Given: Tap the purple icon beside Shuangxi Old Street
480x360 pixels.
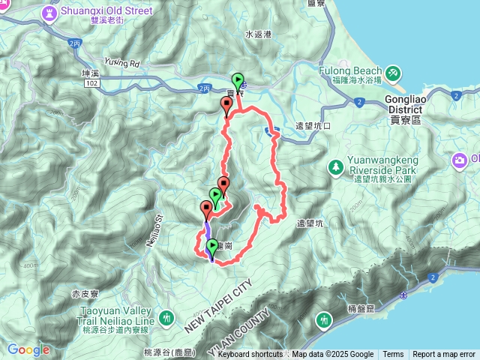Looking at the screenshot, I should coord(49,13).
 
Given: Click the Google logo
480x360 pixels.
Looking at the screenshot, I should coord(28,349).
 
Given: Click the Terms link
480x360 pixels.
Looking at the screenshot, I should coord(393,355).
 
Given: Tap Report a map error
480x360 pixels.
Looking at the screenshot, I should coord(444,355).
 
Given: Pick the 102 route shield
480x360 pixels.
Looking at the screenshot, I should coord(91,85).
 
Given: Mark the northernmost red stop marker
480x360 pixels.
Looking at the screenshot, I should coord(226,106).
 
